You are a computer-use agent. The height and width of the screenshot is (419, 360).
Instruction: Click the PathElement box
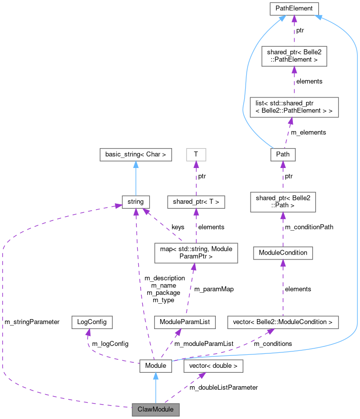[294, 8]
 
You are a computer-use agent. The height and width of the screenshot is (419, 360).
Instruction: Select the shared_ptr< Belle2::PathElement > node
[294, 56]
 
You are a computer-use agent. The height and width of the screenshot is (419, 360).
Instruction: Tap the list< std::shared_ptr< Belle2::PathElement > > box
[293, 107]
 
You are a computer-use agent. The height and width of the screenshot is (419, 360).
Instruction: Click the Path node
[282, 155]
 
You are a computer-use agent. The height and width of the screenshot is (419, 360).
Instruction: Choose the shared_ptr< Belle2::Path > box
[282, 202]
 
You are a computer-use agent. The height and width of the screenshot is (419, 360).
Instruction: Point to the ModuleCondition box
[283, 252]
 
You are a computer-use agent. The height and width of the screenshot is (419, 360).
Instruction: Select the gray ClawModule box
[155, 410]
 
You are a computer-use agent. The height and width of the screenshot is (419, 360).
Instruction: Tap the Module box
[155, 366]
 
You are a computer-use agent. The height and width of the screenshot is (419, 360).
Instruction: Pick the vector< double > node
[213, 366]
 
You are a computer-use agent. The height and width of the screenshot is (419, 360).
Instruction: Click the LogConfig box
[91, 322]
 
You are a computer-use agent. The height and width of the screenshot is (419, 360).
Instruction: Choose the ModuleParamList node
[184, 322]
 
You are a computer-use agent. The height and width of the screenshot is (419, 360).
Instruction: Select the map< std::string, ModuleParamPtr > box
[196, 252]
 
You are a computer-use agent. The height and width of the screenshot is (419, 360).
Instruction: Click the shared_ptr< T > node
[196, 202]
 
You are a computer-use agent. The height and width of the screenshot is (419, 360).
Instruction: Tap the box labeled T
[196, 155]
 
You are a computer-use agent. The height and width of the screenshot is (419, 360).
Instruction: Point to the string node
[135, 202]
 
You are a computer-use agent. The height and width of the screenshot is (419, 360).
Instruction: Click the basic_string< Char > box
[135, 155]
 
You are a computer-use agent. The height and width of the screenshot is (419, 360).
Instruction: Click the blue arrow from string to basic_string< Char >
[135, 178]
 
